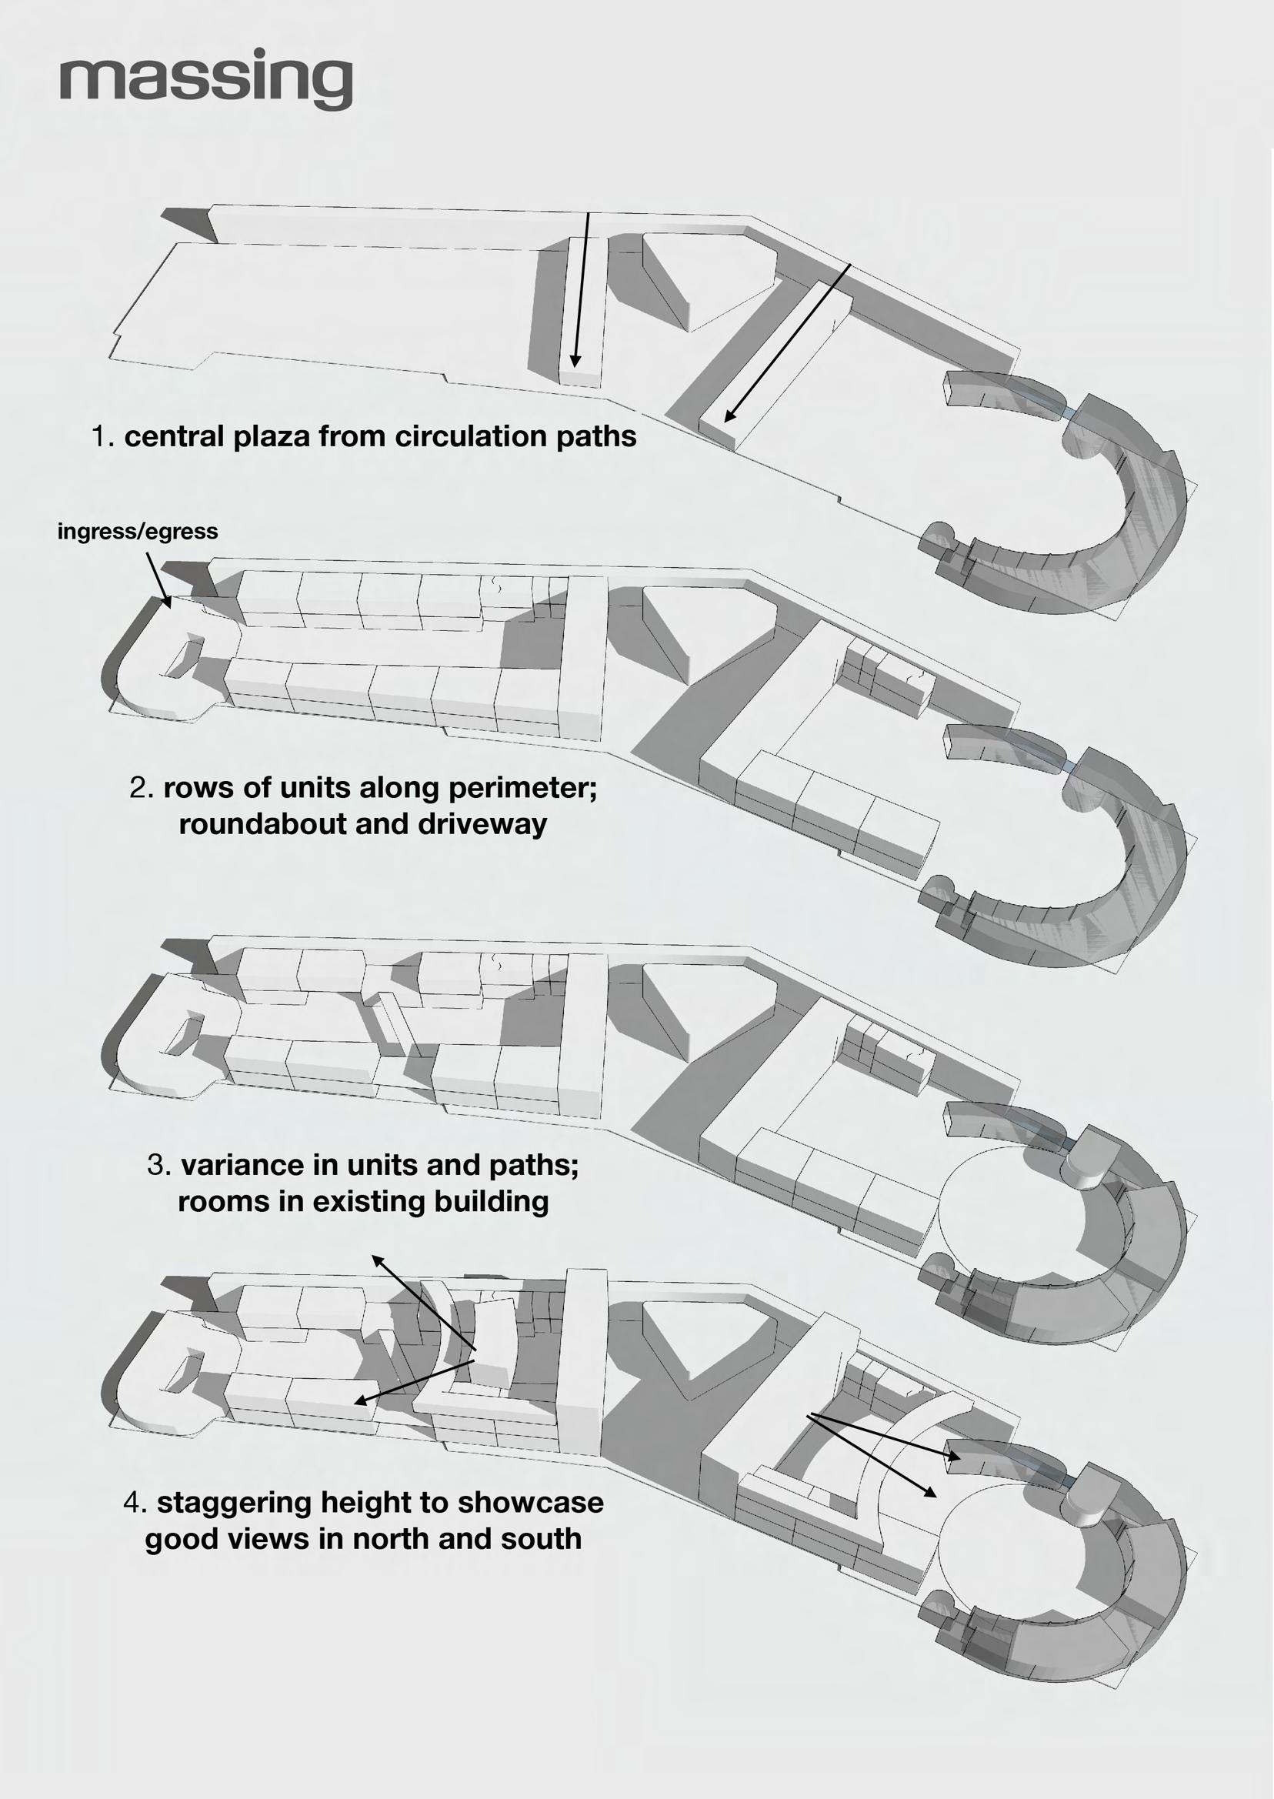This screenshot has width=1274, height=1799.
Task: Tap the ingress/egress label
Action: pos(137,532)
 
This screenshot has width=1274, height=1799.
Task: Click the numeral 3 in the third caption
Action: pos(158,1164)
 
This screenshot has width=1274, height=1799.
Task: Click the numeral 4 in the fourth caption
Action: pos(134,1503)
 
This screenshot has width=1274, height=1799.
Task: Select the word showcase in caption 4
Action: pos(530,1503)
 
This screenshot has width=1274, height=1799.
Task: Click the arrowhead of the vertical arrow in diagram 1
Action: pos(575,362)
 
